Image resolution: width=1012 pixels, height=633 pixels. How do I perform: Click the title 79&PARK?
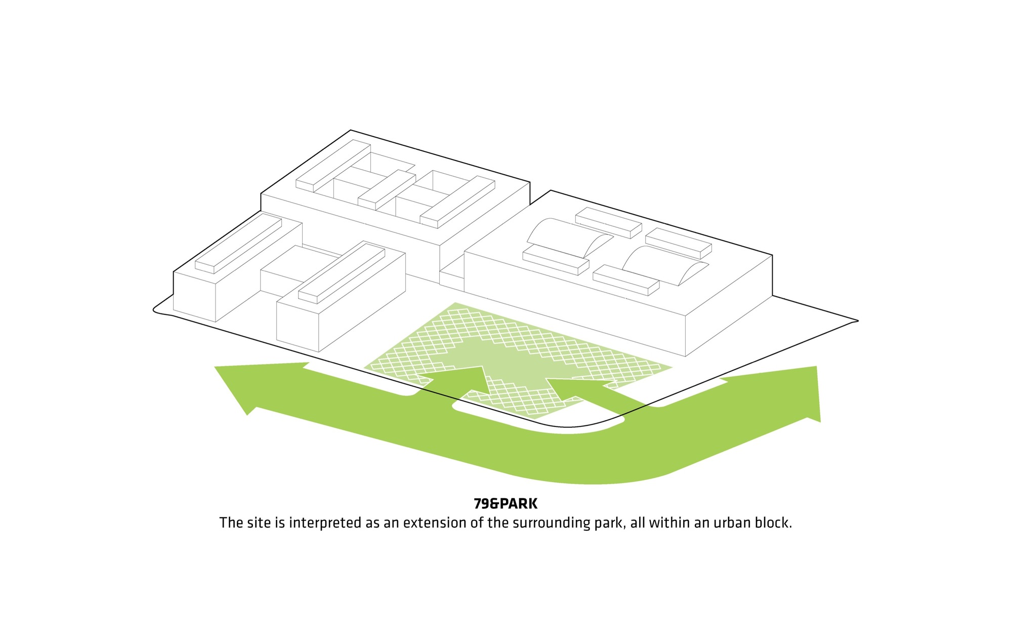point(505,504)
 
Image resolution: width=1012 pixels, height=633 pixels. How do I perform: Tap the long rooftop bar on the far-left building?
point(238,244)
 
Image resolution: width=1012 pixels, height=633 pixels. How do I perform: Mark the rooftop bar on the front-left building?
point(342,273)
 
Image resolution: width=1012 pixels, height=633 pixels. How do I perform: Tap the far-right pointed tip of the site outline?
point(858,321)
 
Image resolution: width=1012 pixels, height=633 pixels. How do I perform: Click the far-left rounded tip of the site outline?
point(154,310)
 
